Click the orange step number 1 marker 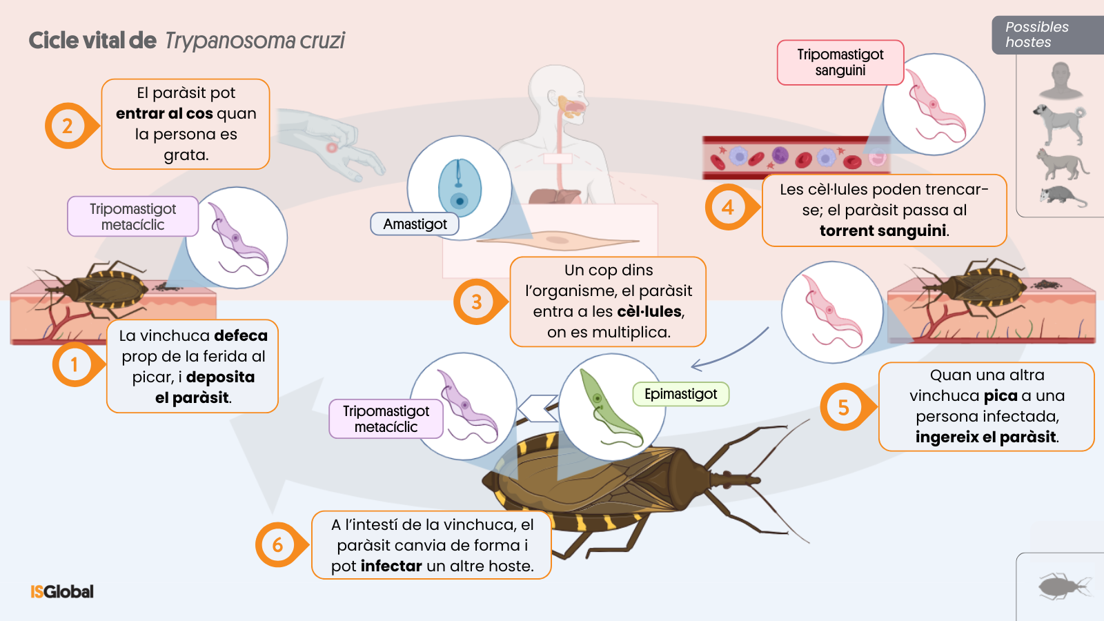[x=75, y=364]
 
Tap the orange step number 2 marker [x=67, y=126]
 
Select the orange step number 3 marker [x=476, y=302]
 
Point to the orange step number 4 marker [x=727, y=207]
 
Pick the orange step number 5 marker [x=843, y=407]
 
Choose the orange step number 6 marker [x=277, y=544]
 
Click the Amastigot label [x=415, y=224]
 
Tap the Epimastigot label [x=680, y=394]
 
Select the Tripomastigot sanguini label [x=840, y=62]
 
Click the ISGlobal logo [x=62, y=591]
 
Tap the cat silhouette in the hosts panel [x=1061, y=164]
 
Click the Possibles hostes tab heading [x=1036, y=34]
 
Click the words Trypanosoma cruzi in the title [x=255, y=41]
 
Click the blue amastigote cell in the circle [x=460, y=188]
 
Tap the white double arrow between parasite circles [x=538, y=408]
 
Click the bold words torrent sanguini [x=883, y=230]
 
